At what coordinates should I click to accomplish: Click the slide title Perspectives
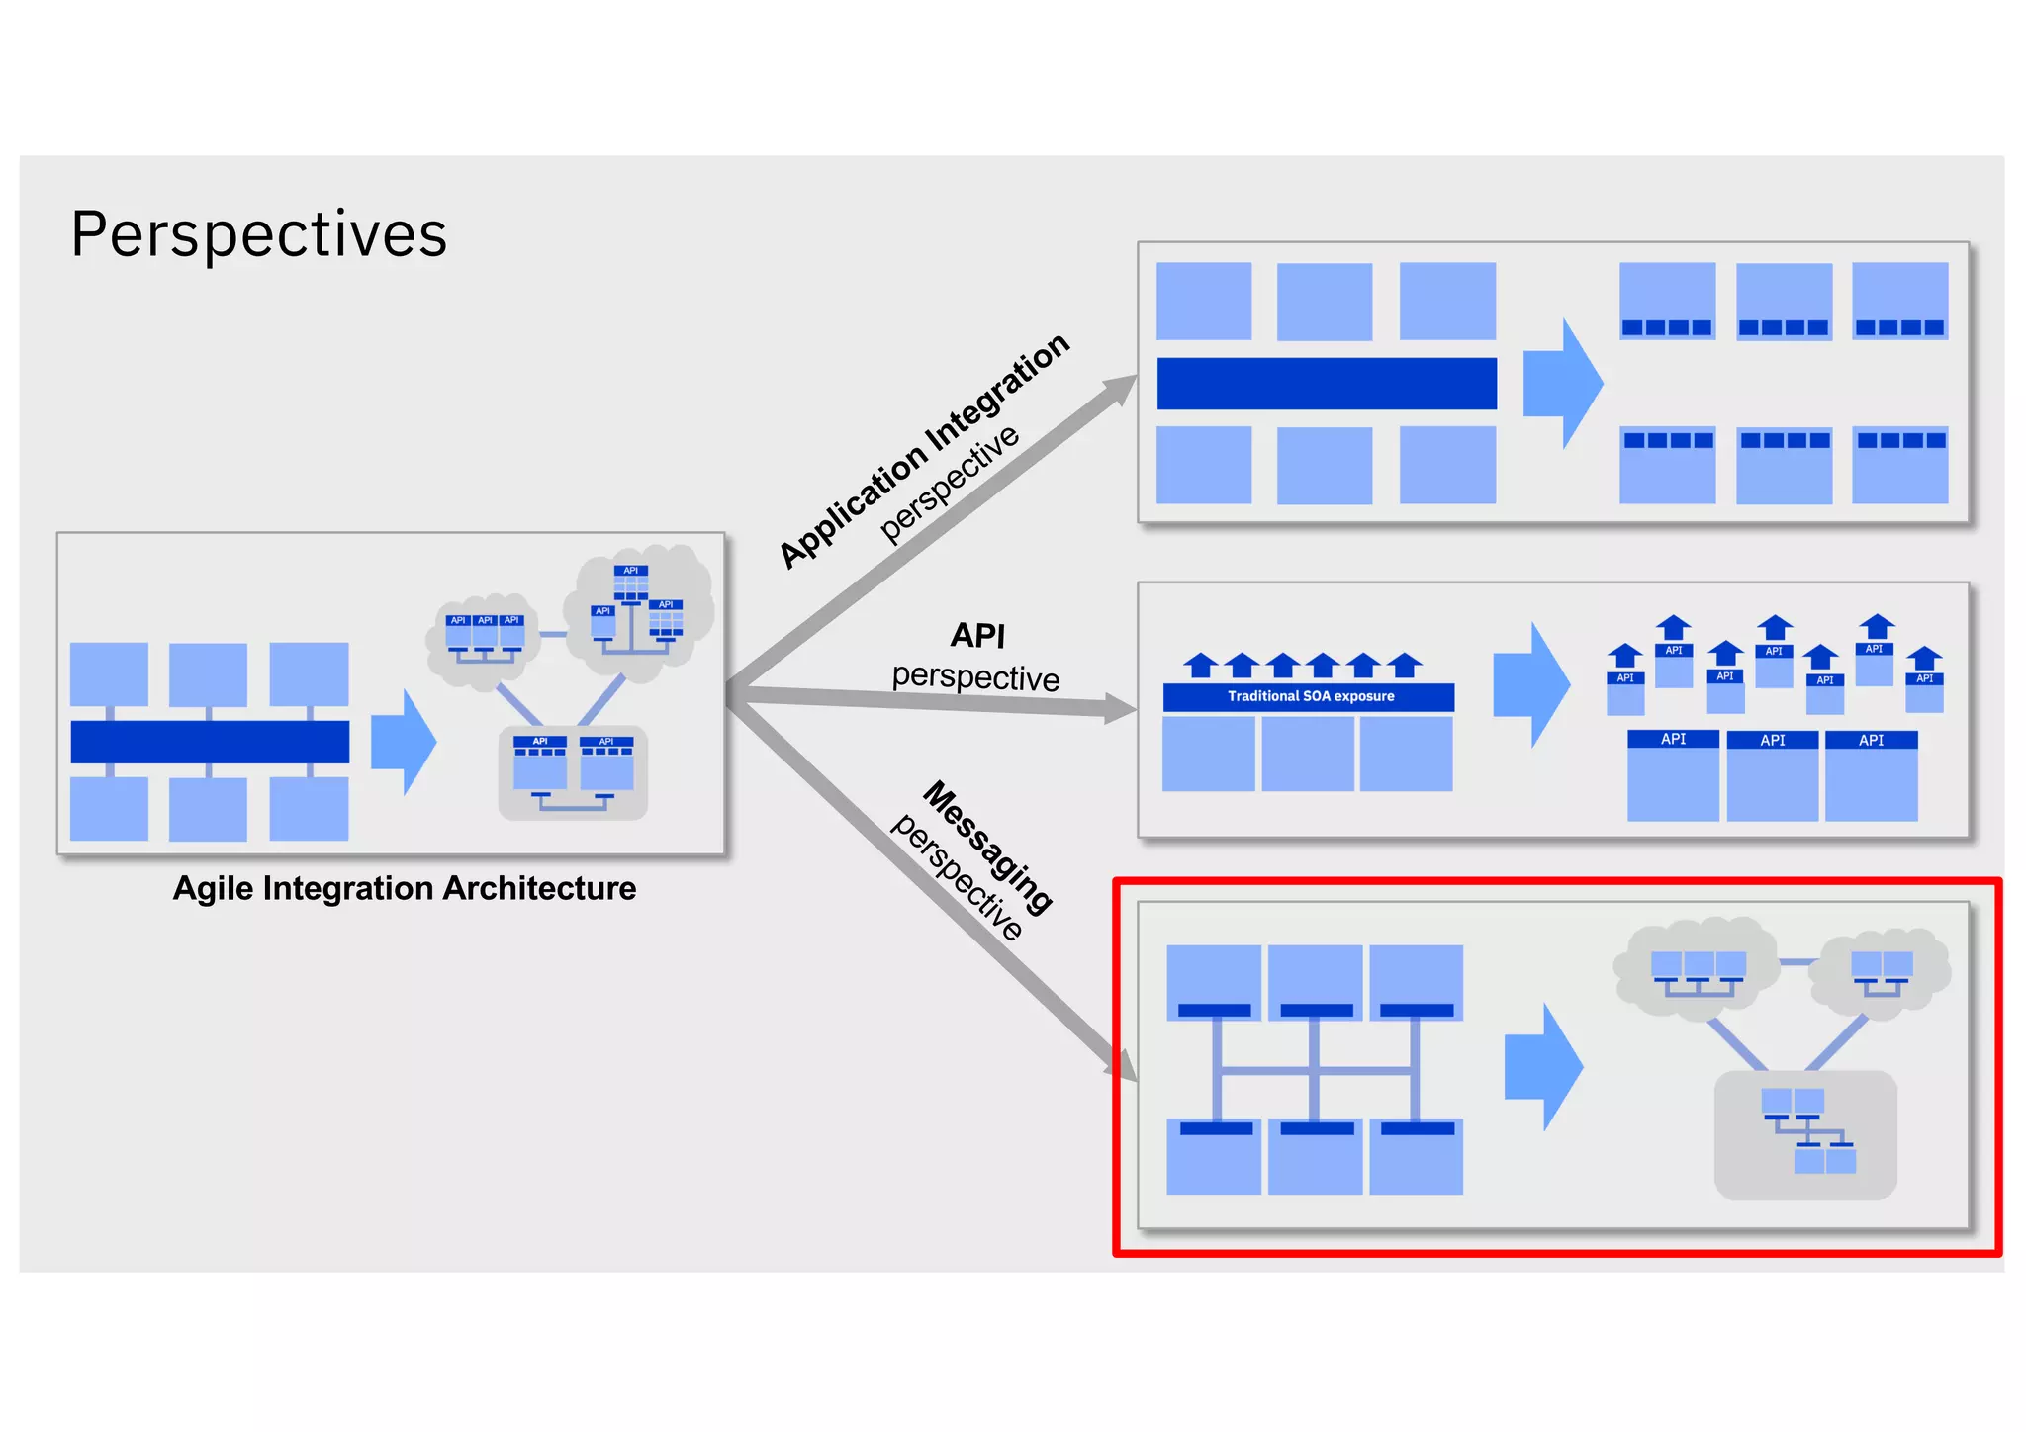click(259, 235)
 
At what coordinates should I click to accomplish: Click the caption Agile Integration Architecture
click(404, 888)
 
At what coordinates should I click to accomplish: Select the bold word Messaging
click(987, 847)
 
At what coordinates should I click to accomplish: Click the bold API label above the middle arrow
click(977, 635)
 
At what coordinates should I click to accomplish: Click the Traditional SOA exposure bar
click(1309, 696)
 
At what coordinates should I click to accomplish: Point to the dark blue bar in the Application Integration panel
click(1326, 384)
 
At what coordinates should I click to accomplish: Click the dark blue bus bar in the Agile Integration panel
click(210, 742)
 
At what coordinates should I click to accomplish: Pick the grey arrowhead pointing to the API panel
click(1120, 708)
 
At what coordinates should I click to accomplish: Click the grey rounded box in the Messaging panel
click(1804, 1135)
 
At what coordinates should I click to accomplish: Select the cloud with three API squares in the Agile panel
click(484, 638)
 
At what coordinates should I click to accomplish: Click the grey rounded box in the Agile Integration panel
click(573, 772)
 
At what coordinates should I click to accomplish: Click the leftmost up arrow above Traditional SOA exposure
click(1200, 666)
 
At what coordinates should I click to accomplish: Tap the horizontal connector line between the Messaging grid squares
click(1316, 1070)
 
